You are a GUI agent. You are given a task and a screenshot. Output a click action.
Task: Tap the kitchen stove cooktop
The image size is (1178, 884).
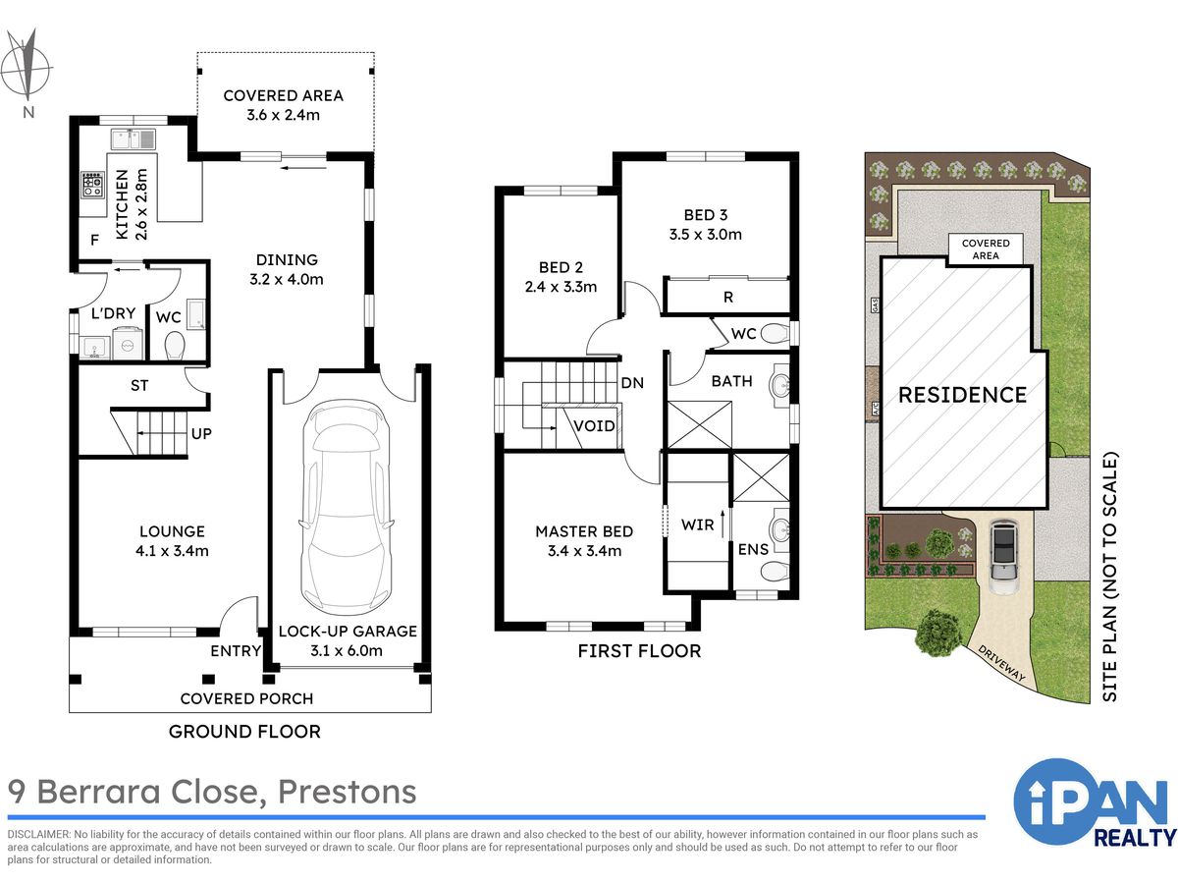tap(93, 184)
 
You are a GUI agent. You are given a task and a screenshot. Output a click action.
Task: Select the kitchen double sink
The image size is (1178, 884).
tap(134, 139)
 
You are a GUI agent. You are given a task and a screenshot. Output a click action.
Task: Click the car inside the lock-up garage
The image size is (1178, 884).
tap(347, 507)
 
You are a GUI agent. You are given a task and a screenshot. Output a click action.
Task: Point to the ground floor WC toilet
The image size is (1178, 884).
tap(175, 345)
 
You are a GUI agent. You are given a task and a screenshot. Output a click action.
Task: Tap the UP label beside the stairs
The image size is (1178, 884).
tap(201, 434)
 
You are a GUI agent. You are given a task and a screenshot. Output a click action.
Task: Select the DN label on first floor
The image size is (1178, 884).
tap(632, 383)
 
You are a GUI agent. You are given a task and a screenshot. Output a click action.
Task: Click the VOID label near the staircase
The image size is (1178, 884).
tap(594, 426)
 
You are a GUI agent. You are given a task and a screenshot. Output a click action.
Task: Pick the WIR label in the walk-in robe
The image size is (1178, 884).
tap(698, 525)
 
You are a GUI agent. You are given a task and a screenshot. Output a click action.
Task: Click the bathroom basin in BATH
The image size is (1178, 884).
tap(779, 384)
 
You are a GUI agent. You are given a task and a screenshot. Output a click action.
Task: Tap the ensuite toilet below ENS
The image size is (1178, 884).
tap(775, 571)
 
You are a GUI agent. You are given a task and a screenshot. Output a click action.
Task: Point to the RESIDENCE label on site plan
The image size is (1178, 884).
tap(962, 395)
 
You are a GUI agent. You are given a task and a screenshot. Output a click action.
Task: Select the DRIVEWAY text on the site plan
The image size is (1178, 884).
tap(1001, 663)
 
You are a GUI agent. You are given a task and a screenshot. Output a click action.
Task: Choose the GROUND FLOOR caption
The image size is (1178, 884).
tap(244, 732)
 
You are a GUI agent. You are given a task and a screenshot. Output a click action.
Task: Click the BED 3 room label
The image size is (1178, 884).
tap(705, 215)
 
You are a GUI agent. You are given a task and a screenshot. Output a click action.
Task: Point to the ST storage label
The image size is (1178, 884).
tap(139, 385)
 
